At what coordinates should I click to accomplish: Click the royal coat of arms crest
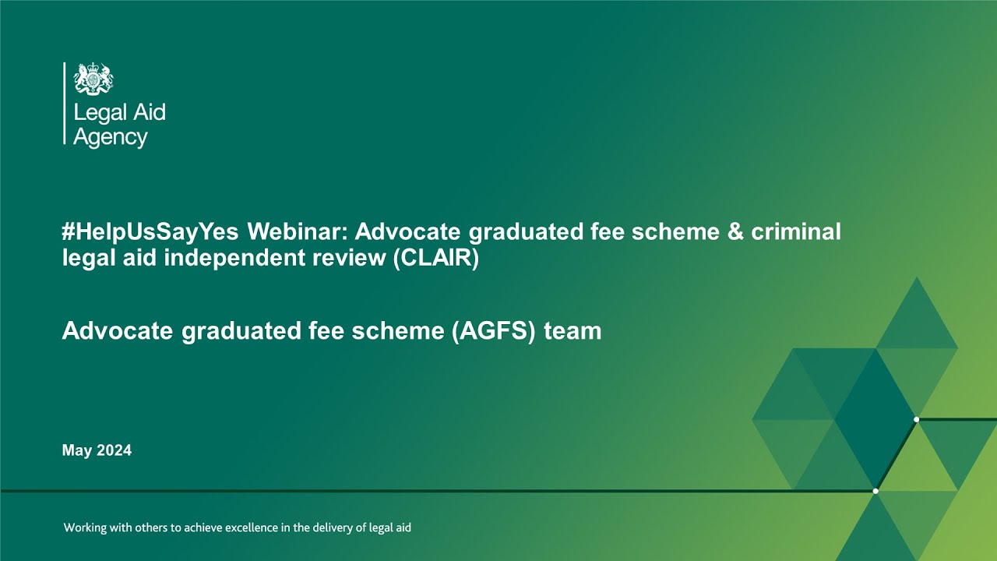pos(93,79)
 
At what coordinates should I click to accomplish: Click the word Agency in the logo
pos(110,138)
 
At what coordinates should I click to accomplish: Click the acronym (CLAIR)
pos(436,258)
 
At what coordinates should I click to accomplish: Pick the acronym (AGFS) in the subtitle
pos(495,331)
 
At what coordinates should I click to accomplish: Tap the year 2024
pos(114,450)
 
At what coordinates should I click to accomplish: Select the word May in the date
pos(76,450)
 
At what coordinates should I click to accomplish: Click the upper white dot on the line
pos(916,420)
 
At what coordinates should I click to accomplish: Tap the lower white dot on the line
pos(875,491)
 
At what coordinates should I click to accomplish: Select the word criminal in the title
pos(796,232)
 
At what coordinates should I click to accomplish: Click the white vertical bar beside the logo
pos(64,103)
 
